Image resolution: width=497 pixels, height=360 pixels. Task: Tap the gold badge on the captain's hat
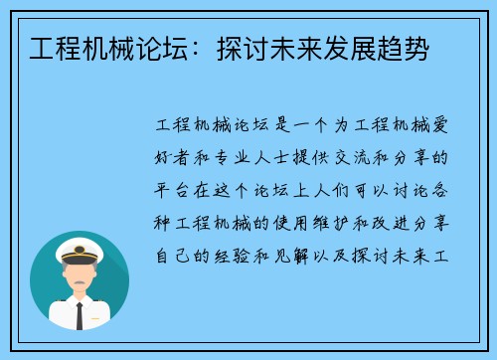coord(81,249)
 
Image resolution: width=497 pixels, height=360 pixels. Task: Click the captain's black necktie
coord(81,313)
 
